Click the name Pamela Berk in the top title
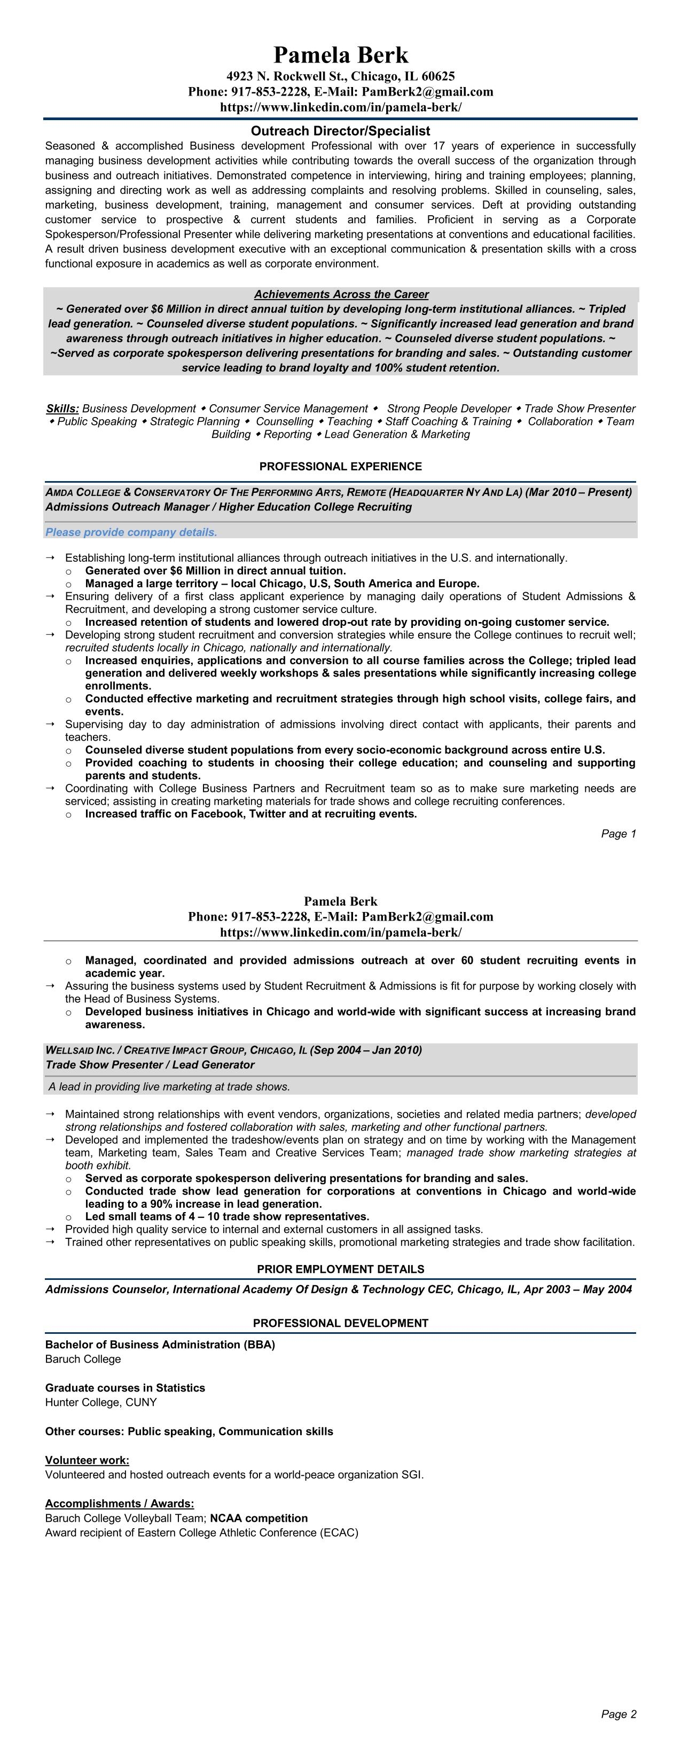click(x=341, y=54)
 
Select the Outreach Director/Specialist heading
click(x=341, y=131)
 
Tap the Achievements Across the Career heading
click(x=341, y=294)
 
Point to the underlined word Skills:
click(x=62, y=408)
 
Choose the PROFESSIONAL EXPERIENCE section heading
click(x=341, y=466)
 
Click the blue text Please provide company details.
click(x=131, y=532)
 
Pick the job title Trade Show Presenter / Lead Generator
click(x=150, y=1064)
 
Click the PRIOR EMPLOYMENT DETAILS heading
click(x=341, y=1269)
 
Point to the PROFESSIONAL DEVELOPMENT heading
click(x=341, y=1323)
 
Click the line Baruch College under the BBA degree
click(x=83, y=1359)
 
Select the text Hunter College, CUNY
click(x=100, y=1402)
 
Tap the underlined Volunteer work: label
click(x=87, y=1460)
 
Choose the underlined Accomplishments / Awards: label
click(x=120, y=1503)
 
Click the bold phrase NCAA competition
click(x=259, y=1518)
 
